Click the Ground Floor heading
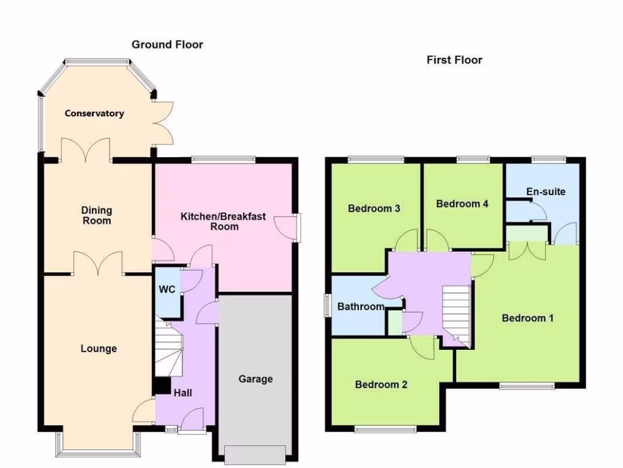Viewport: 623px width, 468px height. click(x=167, y=44)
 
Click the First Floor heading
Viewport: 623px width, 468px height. click(x=454, y=60)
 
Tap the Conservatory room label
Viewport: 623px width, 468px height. click(x=94, y=113)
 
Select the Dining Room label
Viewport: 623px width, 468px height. click(x=97, y=215)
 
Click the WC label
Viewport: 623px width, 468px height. click(x=167, y=289)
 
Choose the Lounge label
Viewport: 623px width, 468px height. click(x=99, y=349)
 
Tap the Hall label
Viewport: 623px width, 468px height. click(x=183, y=393)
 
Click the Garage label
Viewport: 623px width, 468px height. click(x=256, y=379)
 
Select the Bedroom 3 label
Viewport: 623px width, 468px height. click(x=374, y=208)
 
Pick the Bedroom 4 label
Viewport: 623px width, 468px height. click(x=462, y=204)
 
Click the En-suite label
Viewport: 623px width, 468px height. click(x=546, y=191)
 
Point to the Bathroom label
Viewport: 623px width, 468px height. click(x=361, y=307)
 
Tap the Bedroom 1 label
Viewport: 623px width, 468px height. click(x=527, y=318)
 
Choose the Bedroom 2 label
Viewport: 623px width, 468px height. click(x=381, y=385)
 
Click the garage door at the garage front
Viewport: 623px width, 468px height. click(x=255, y=454)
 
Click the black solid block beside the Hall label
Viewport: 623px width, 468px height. click(x=162, y=386)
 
